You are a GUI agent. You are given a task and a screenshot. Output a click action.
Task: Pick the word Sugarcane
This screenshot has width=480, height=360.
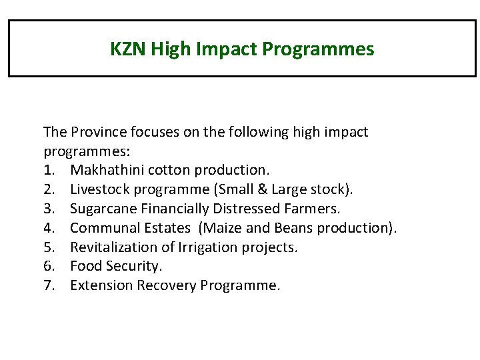[x=103, y=209]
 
